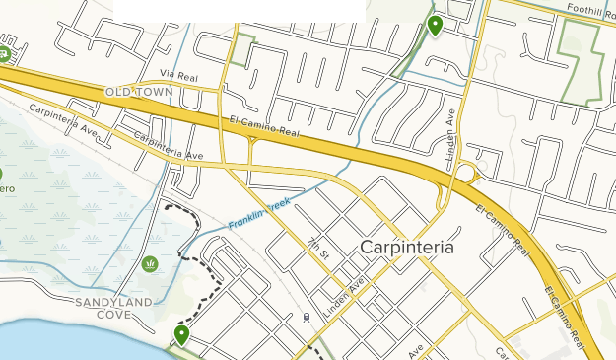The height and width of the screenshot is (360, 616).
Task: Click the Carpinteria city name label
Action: (x=407, y=248)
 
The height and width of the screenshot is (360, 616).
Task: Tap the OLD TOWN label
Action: (x=139, y=92)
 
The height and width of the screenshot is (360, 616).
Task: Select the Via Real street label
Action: (x=178, y=74)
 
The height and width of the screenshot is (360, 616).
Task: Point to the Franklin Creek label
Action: (x=259, y=213)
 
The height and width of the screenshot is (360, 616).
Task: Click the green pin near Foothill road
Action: (x=435, y=25)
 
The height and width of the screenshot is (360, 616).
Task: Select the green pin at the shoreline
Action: (x=181, y=335)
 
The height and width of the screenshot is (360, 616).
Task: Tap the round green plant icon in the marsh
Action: (x=151, y=263)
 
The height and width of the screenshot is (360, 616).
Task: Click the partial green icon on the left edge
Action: (x=4, y=50)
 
